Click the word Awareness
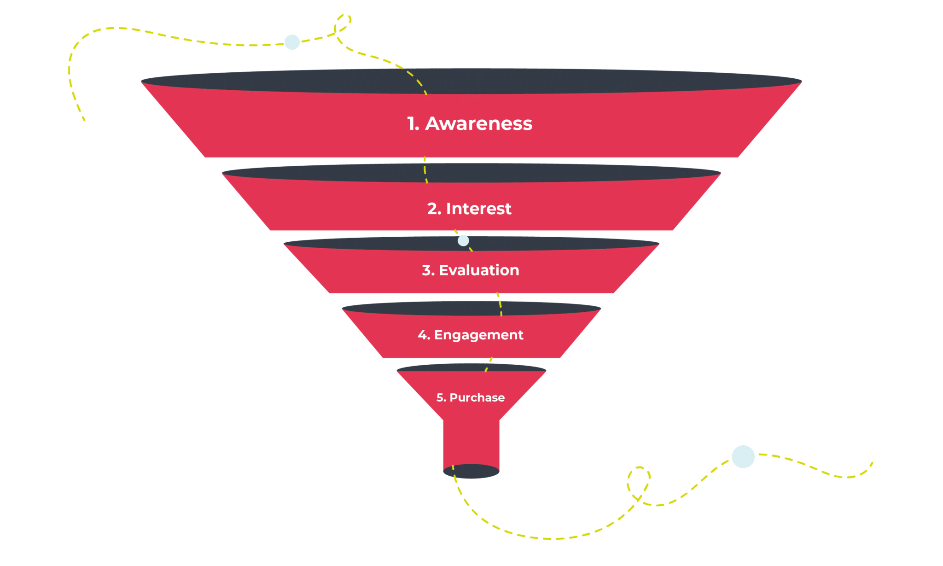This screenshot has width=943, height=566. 478,123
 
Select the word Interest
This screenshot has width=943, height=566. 478,209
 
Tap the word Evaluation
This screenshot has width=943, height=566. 479,270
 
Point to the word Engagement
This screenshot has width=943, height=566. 478,335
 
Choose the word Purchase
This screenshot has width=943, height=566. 477,397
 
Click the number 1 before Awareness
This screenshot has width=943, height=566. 412,123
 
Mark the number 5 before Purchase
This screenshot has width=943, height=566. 440,397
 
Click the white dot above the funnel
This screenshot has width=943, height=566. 292,42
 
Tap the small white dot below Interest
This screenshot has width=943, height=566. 463,240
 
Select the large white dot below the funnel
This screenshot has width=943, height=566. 743,456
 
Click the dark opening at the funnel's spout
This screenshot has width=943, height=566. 471,472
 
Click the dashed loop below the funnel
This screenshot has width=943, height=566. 639,484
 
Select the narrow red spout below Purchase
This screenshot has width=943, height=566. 471,442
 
